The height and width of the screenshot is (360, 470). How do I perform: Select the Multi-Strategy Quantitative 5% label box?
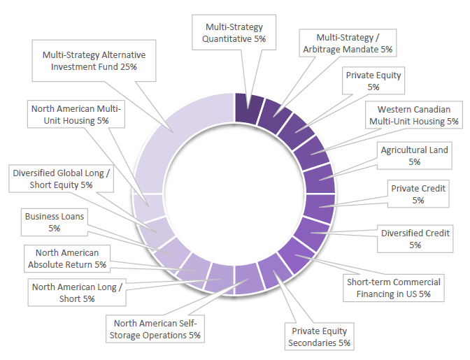tap(234, 33)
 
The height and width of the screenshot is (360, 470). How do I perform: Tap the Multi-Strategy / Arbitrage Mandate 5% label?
tap(348, 43)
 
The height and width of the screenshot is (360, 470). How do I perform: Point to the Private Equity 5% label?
tap(373, 81)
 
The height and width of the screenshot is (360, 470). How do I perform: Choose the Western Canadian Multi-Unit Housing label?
tap(414, 115)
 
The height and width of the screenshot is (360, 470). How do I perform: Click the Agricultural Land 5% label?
tap(414, 155)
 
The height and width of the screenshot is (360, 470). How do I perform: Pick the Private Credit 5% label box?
tap(418, 194)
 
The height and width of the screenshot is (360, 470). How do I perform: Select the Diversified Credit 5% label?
tap(415, 238)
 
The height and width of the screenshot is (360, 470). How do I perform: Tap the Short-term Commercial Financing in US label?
tap(394, 287)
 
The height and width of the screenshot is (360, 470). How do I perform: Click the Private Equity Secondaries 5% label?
tap(319, 336)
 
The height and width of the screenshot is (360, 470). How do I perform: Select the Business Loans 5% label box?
tap(55, 222)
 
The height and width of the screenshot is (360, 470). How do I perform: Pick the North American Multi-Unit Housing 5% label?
tap(76, 115)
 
